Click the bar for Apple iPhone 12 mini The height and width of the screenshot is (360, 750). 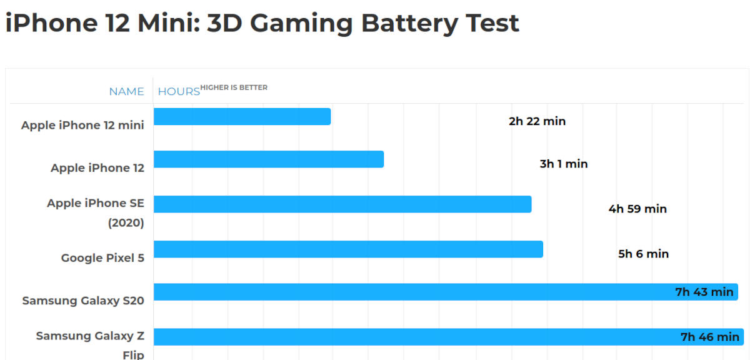pyautogui.click(x=242, y=116)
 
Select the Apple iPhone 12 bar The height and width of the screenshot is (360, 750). pyautogui.click(x=269, y=159)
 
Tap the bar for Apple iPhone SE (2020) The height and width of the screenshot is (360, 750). pyautogui.click(x=342, y=204)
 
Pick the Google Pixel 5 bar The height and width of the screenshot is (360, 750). pyautogui.click(x=348, y=249)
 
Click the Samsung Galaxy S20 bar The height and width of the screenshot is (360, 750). pyautogui.click(x=412, y=292)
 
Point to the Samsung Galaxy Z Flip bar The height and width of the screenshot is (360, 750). pyautogui.click(x=412, y=337)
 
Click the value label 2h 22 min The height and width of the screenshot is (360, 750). pyautogui.click(x=537, y=121)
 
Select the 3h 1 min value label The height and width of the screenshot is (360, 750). pyautogui.click(x=564, y=164)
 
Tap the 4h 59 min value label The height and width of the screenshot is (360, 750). pyautogui.click(x=637, y=209)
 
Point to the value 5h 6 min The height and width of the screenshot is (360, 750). pyautogui.click(x=643, y=254)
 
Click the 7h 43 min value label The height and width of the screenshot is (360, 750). pyautogui.click(x=704, y=292)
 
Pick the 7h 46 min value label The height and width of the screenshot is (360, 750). pyautogui.click(x=709, y=337)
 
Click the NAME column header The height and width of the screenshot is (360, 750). pyautogui.click(x=126, y=91)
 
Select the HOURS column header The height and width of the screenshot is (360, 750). pyautogui.click(x=179, y=91)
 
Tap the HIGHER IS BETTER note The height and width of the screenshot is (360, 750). pyautogui.click(x=234, y=87)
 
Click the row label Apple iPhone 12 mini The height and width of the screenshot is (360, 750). pyautogui.click(x=82, y=125)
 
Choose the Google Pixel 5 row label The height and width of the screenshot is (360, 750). pyautogui.click(x=102, y=257)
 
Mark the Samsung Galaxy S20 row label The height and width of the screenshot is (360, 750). pyautogui.click(x=83, y=301)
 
